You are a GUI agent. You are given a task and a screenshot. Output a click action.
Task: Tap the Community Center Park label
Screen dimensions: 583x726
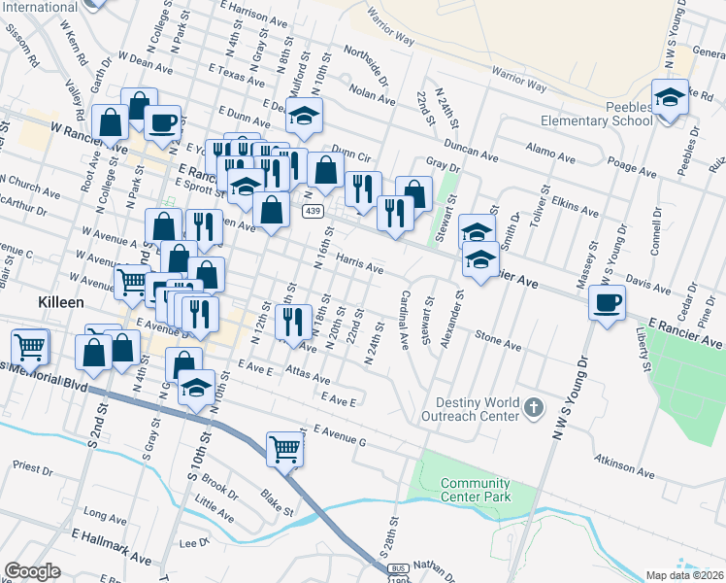(475, 490)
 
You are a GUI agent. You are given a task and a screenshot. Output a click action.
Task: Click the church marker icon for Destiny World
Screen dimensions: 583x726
(534, 409)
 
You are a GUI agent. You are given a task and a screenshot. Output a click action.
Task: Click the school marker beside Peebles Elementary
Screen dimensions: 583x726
(669, 99)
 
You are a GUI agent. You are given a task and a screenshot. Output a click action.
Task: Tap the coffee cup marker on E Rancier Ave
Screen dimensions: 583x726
(608, 303)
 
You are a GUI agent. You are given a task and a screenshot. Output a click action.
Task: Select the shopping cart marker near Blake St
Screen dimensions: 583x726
(284, 448)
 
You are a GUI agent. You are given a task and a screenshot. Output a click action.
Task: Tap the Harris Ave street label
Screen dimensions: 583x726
(359, 262)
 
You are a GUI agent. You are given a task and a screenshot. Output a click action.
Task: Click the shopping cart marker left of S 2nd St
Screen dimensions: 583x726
(30, 345)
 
